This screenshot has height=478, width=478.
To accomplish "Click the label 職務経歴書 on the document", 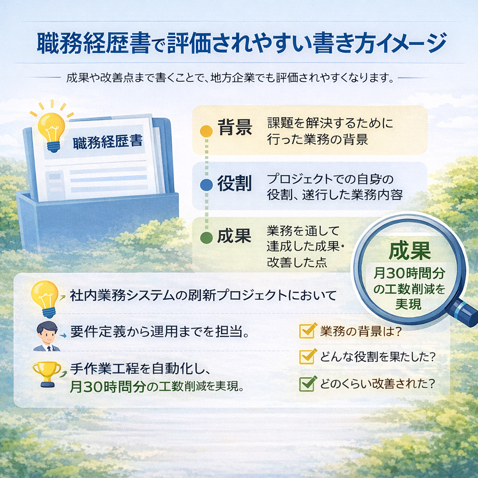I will (x=108, y=142).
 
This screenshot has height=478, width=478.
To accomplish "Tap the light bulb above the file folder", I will (x=52, y=128).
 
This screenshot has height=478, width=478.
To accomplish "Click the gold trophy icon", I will (x=47, y=374).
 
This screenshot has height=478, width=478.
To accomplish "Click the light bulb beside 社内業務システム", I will (x=44, y=298).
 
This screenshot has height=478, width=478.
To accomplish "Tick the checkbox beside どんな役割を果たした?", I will (x=307, y=357).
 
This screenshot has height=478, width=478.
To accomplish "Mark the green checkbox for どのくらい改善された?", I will (x=307, y=384).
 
